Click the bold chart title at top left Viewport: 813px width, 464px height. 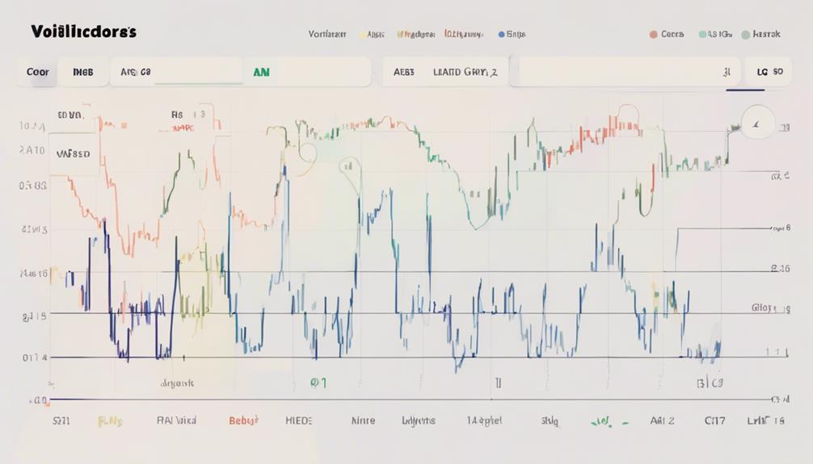[83, 32]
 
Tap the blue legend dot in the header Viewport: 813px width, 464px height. [501, 35]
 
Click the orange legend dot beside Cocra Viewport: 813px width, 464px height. [652, 35]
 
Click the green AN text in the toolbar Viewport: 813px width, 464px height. [261, 72]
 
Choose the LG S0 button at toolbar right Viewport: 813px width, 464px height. [769, 72]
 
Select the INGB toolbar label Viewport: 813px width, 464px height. [82, 72]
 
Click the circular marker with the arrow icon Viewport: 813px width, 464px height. [757, 124]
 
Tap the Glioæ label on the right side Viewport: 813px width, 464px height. [769, 307]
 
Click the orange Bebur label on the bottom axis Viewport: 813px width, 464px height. [244, 420]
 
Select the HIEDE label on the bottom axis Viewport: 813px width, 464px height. [298, 420]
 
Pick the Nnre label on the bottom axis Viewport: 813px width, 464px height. [364, 420]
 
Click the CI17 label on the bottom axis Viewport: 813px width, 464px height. [715, 420]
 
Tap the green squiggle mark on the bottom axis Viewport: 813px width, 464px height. [600, 420]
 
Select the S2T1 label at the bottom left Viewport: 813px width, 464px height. [62, 420]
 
